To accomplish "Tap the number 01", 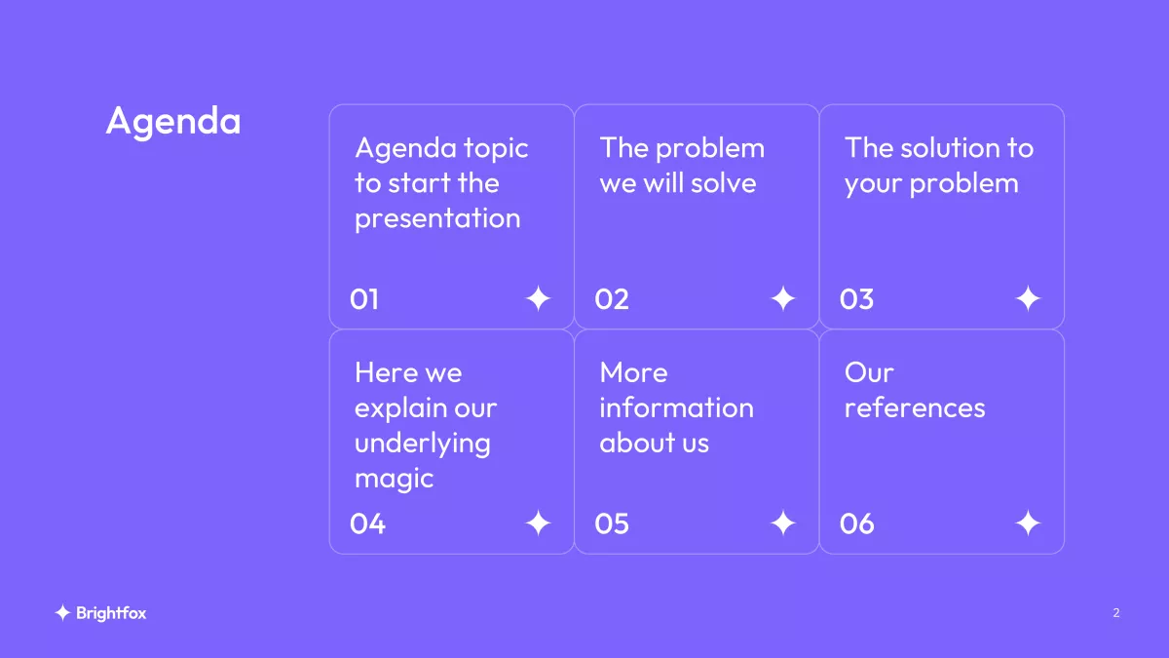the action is click(364, 299).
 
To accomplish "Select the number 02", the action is click(612, 299).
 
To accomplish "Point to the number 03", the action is click(856, 299).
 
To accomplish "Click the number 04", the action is click(367, 523).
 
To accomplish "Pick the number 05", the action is click(612, 523).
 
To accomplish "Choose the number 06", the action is click(857, 523).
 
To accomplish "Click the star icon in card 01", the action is click(538, 298).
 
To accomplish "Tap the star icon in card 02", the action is click(783, 298).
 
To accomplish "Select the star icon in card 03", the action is click(1028, 298).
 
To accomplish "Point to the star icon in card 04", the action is click(538, 523).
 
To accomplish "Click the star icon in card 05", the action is click(783, 523).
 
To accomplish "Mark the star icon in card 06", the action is click(1028, 523).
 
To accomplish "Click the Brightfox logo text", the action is click(111, 613).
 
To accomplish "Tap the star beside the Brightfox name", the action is click(62, 612).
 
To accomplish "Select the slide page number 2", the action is click(1116, 612).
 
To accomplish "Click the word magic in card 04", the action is click(394, 480).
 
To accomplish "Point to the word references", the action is click(915, 407).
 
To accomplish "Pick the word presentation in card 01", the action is click(437, 218).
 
